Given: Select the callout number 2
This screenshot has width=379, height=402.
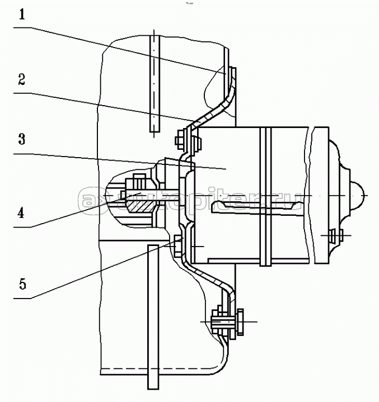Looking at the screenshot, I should point(21,79).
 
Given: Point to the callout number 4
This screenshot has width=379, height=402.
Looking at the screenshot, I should point(21,213).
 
